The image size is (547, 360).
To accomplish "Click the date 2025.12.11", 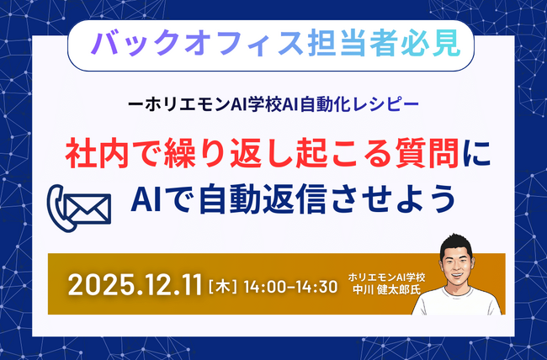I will pyautogui.click(x=135, y=284).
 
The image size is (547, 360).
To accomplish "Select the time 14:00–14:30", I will pyautogui.click(x=289, y=285).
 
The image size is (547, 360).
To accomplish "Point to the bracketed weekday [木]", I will pyautogui.click(x=221, y=285).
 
